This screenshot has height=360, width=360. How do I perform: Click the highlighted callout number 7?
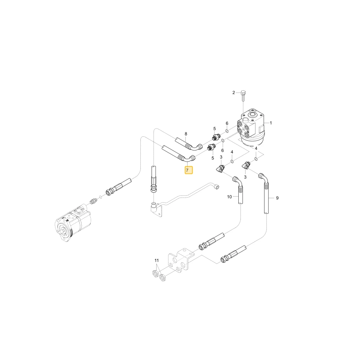click(189, 170)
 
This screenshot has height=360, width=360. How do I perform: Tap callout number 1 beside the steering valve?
click(271, 123)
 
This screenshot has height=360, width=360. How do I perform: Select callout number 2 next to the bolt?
click(234, 93)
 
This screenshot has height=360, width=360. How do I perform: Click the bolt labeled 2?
click(243, 96)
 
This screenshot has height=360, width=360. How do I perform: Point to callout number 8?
click(186, 134)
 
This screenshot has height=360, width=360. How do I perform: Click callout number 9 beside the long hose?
click(277, 198)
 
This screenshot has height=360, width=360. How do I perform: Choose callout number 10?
click(230, 197)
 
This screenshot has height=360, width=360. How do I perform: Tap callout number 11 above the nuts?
click(157, 260)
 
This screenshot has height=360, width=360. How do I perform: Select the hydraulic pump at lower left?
click(73, 223)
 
